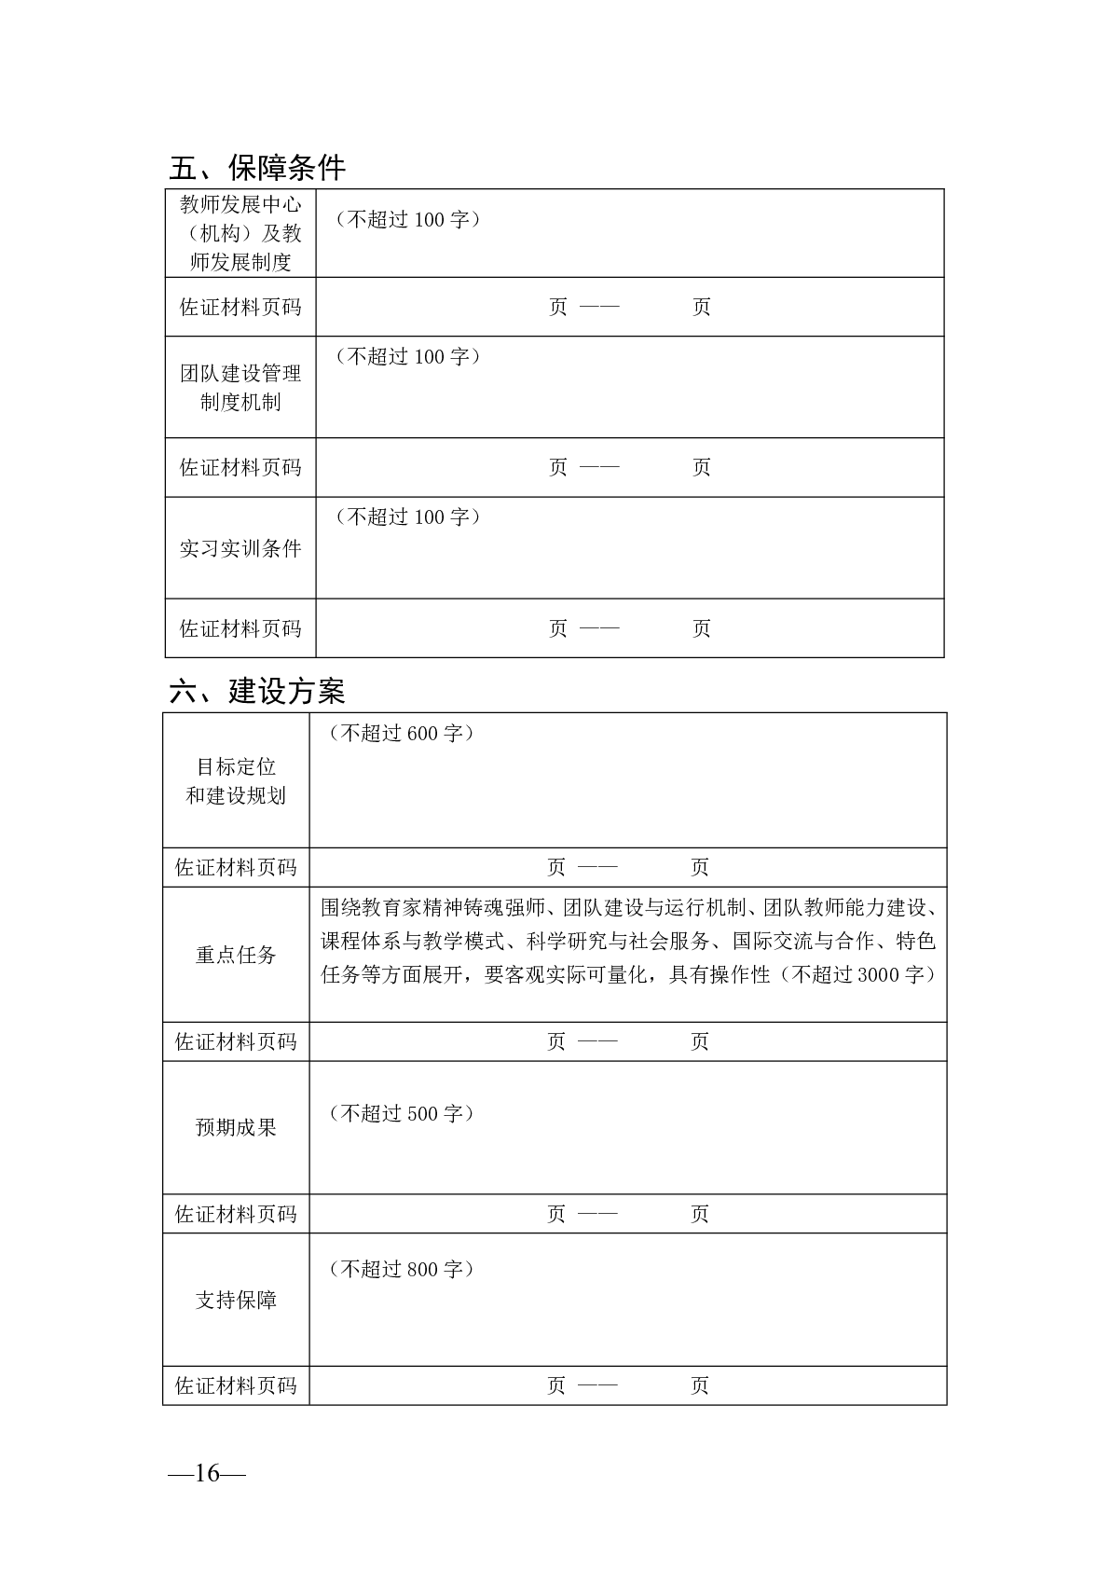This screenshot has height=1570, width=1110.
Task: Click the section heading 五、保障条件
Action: pyautogui.click(x=257, y=168)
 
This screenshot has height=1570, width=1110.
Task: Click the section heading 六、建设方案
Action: pyautogui.click(x=257, y=692)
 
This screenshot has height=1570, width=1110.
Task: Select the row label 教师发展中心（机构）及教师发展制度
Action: pyautogui.click(x=240, y=233)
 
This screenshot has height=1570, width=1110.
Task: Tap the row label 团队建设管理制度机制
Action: pyautogui.click(x=240, y=388)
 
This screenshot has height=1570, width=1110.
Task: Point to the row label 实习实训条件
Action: pyautogui.click(x=240, y=548)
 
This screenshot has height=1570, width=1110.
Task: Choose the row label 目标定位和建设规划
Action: pyautogui.click(x=236, y=781)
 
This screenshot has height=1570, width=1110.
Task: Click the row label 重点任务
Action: pyautogui.click(x=236, y=955)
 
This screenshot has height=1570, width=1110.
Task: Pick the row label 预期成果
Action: pyautogui.click(x=236, y=1127)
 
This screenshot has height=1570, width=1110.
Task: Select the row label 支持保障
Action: pyautogui.click(x=236, y=1301)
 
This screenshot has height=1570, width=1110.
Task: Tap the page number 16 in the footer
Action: pyautogui.click(x=206, y=1473)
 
